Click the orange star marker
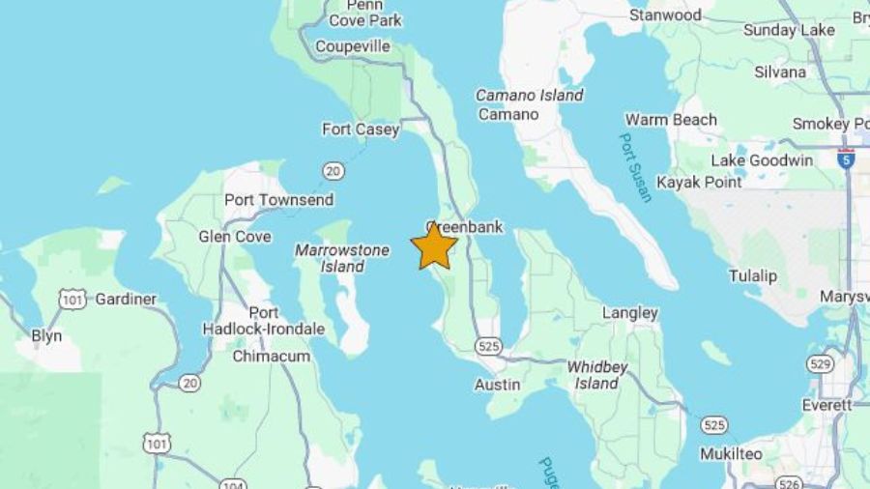coord(434,246)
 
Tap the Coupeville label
coord(352,46)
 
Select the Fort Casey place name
coord(361,129)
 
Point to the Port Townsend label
coord(278,200)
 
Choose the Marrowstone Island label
coord(342,258)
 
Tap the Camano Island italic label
coord(529,95)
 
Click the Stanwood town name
coord(665,15)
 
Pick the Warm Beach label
coord(671,120)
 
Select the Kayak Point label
coord(699,182)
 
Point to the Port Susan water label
coord(635,166)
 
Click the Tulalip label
coord(752,275)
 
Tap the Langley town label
coord(629,312)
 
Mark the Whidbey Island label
coord(596,375)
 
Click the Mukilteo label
coord(732,453)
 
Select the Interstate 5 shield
coord(846,159)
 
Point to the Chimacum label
coord(271,356)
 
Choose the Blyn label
coord(46,335)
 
